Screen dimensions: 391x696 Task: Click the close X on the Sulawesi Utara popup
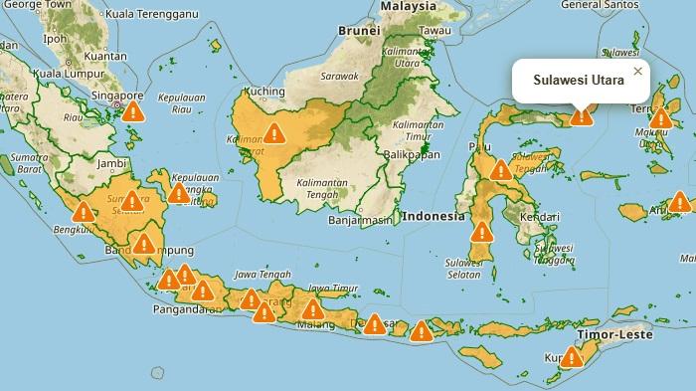pos(638,71)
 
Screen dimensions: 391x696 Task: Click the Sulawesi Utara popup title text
pos(579,80)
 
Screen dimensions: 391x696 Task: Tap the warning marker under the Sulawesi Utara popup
pos(582,115)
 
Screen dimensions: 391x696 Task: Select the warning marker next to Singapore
pos(133,110)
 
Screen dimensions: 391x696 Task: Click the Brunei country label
pos(359,30)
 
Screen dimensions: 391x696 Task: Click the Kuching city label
pos(264,91)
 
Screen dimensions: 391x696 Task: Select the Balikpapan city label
pos(412,155)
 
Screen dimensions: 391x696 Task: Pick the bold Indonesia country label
pos(434,216)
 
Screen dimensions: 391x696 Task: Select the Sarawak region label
pos(339,76)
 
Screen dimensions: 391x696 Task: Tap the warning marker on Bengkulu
pos(84,212)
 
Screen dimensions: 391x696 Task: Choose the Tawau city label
pos(435,30)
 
